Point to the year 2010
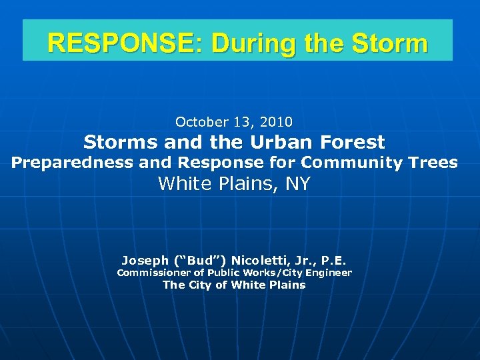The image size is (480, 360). click(x=277, y=122)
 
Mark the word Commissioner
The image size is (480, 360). click(x=153, y=273)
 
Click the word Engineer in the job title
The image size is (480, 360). click(x=328, y=273)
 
